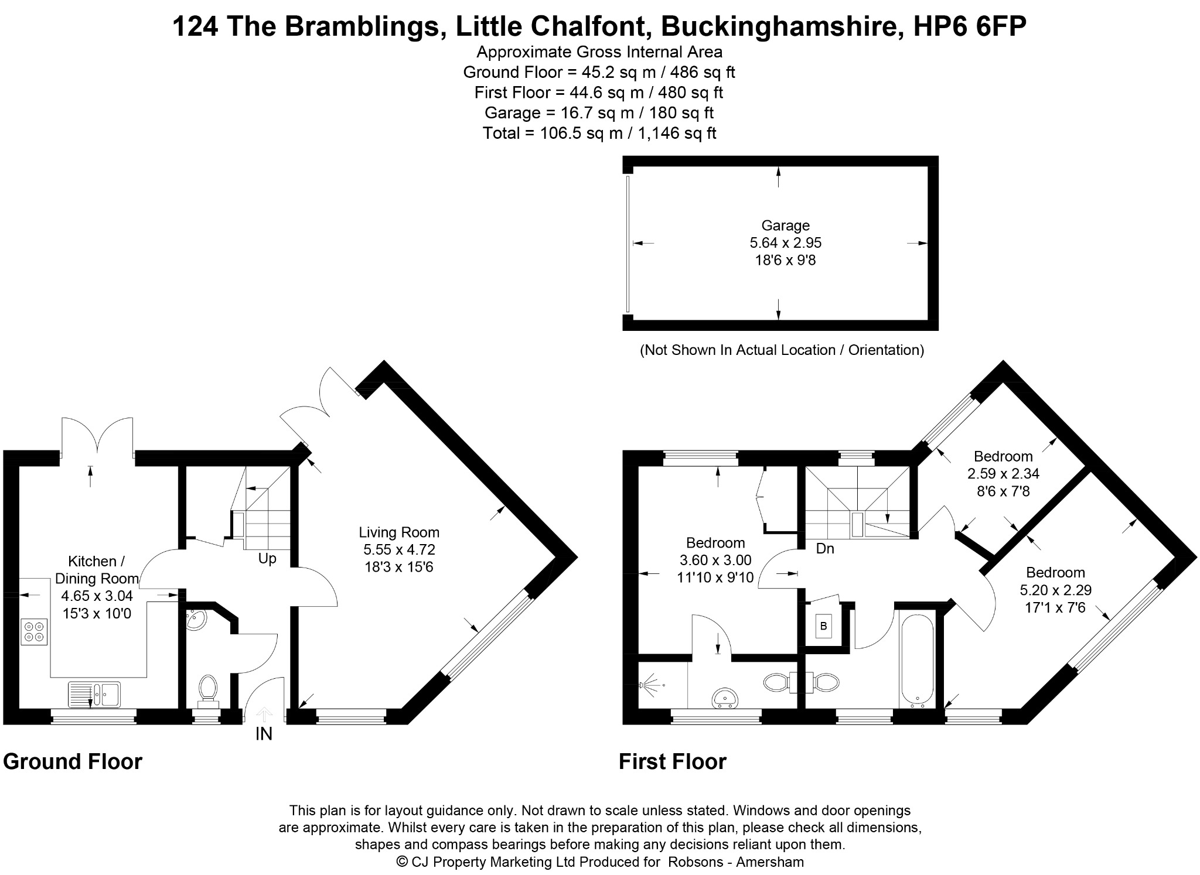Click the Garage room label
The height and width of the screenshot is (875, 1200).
[x=785, y=225]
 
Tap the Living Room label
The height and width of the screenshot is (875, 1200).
[x=399, y=532]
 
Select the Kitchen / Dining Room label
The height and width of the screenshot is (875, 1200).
[x=97, y=570]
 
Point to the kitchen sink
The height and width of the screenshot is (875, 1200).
[x=94, y=693]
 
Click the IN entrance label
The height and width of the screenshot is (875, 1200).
[x=264, y=734]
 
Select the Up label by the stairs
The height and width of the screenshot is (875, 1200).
[x=267, y=559]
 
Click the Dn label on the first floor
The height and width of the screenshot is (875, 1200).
[x=825, y=549]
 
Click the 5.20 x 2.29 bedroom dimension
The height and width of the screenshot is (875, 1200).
[x=1055, y=590]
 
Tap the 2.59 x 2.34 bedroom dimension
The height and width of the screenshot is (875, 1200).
[x=1003, y=474]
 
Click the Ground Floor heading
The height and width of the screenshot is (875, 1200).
[x=73, y=762]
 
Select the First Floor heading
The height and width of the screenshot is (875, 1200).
[x=673, y=762]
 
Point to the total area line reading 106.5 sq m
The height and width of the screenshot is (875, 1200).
[x=599, y=133]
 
